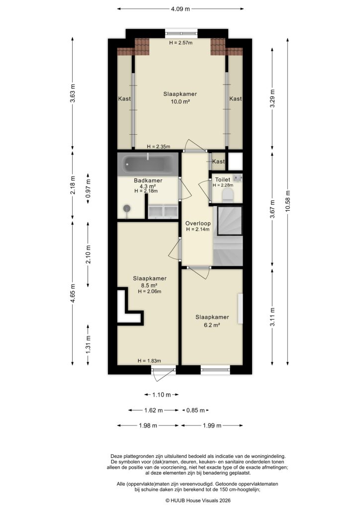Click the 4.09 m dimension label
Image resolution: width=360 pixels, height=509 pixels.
click(x=180, y=8)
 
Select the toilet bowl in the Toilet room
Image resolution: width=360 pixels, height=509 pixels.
click(x=228, y=194)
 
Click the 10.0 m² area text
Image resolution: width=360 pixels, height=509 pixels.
click(x=180, y=101)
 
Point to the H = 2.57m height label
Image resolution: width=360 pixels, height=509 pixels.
click(x=180, y=43)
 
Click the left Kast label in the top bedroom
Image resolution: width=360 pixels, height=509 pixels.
click(x=124, y=99)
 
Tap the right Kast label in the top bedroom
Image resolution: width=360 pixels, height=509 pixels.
click(x=235, y=99)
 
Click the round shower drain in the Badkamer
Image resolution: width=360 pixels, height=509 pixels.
click(x=127, y=208)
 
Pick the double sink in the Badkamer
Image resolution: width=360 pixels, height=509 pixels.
click(x=163, y=211)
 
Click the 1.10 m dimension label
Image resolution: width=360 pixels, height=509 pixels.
click(x=158, y=395)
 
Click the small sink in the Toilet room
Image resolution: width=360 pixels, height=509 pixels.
click(x=238, y=177)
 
